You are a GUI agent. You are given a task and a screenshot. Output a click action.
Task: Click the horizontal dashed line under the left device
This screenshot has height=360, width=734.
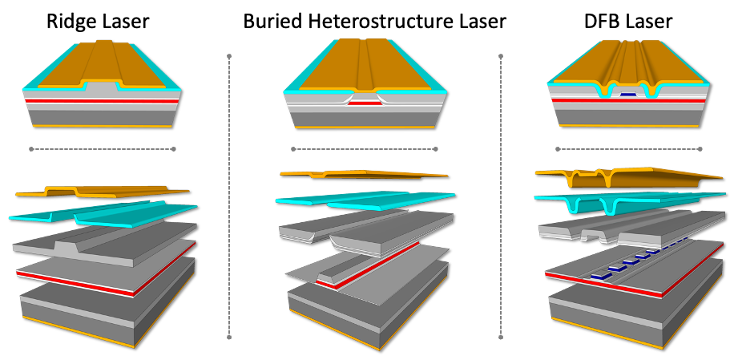tap(103, 148)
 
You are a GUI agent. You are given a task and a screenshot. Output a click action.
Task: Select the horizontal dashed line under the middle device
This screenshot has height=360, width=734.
tap(365, 148)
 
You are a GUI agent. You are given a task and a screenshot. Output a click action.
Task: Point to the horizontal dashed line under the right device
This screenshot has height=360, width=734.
tap(629, 148)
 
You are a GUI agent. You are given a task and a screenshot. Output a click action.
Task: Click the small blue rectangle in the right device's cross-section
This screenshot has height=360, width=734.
tap(628, 94)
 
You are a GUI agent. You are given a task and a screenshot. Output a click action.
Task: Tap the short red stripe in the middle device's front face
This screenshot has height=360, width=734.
tap(365, 103)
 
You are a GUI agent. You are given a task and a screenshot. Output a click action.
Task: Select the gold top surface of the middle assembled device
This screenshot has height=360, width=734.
tap(365, 64)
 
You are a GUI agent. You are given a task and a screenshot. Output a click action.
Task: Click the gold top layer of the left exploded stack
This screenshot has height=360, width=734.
tap(104, 192)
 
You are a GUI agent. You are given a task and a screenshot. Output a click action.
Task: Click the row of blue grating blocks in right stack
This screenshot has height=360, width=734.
tap(633, 261)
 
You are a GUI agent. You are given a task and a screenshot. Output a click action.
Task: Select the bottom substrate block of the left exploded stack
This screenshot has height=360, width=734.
tap(104, 313)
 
